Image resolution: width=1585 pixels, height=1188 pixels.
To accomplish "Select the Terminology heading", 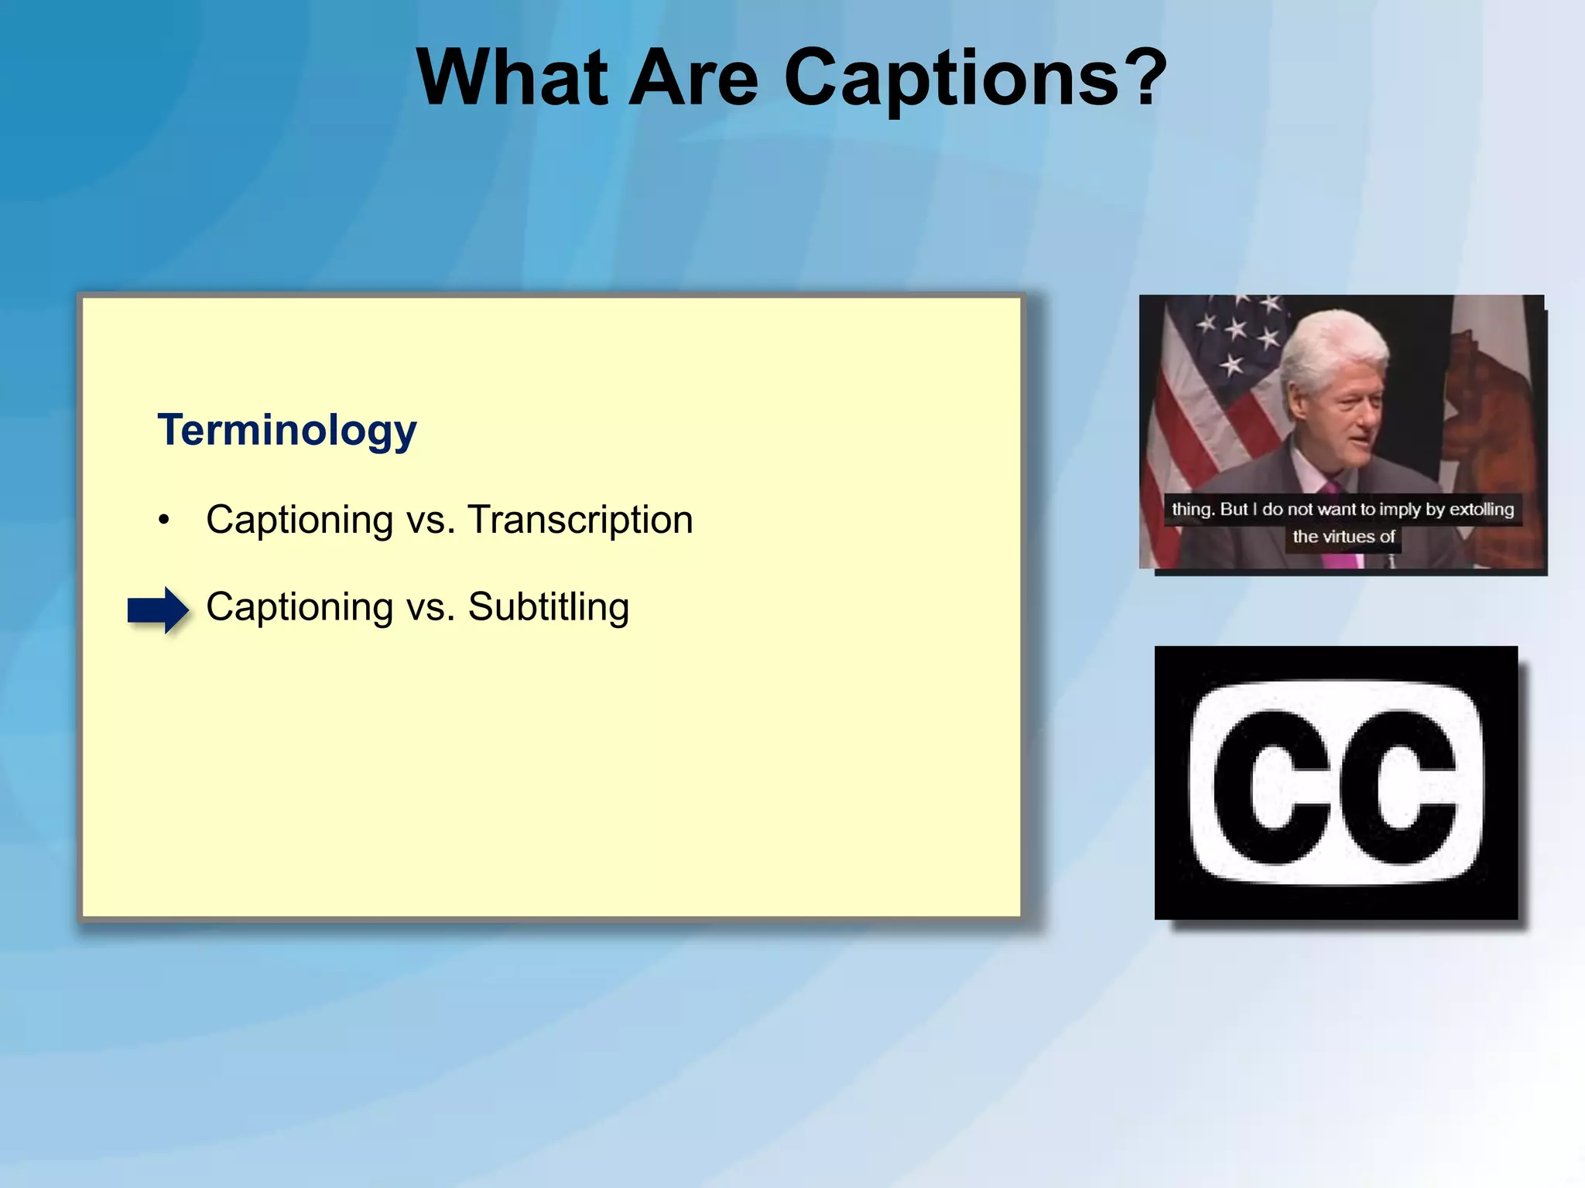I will [287, 430].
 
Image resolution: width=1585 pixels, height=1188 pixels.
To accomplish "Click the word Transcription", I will [580, 520].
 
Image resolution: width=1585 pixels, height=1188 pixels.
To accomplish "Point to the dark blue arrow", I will [158, 610].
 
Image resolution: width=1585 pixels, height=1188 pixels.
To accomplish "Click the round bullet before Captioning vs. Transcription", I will [163, 521].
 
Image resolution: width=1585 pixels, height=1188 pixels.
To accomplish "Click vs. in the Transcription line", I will [430, 521].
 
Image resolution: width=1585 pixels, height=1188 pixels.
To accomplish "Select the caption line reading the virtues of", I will [1343, 537].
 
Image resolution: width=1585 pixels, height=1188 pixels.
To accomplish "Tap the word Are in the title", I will [693, 77].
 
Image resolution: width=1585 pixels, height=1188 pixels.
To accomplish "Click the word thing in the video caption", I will [1191, 510].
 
